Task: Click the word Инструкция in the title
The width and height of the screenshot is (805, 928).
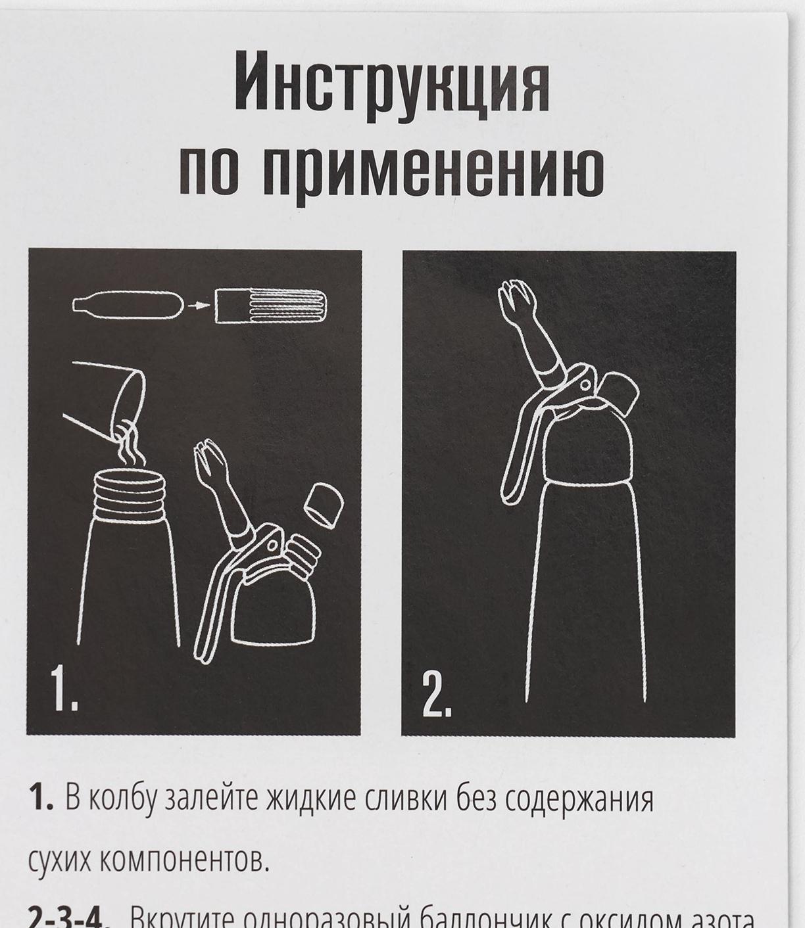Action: (392, 83)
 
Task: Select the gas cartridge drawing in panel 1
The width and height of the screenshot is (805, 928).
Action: (127, 304)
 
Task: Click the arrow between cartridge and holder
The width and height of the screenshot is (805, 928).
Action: (197, 305)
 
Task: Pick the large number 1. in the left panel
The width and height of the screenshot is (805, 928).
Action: (64, 689)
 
